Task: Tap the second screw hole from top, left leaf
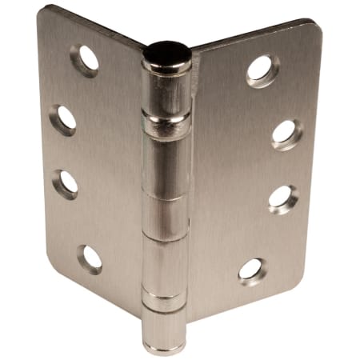63,119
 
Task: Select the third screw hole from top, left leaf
66,182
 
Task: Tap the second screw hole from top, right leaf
286,133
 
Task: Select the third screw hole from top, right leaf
283,198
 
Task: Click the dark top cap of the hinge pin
166,52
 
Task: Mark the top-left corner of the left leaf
43,10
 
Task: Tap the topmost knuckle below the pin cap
166,92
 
